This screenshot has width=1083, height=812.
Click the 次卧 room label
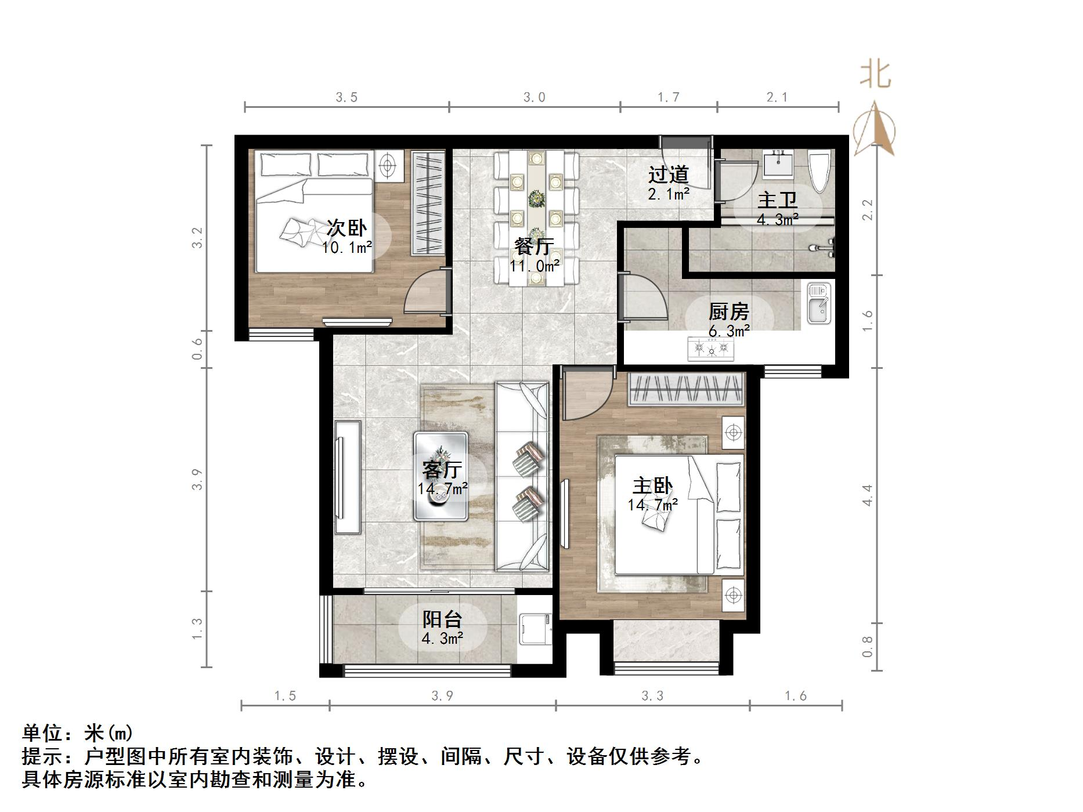point(346,227)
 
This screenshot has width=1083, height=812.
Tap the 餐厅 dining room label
point(534,246)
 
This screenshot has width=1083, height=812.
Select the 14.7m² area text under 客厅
point(442,489)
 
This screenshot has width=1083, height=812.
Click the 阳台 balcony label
point(442,619)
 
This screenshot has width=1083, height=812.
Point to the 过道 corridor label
point(668,174)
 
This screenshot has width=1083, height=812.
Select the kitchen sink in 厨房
point(819,303)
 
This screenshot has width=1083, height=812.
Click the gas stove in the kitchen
point(710,349)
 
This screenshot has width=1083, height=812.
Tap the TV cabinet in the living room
point(347,477)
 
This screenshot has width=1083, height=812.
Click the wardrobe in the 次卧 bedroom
point(428,202)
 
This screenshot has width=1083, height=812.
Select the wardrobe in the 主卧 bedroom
point(685,389)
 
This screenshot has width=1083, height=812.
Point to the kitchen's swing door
point(643,297)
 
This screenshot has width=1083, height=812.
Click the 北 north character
point(875,75)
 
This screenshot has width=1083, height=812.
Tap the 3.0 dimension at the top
point(534,97)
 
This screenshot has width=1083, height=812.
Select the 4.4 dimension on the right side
point(867,495)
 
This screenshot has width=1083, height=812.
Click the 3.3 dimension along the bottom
point(652,695)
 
